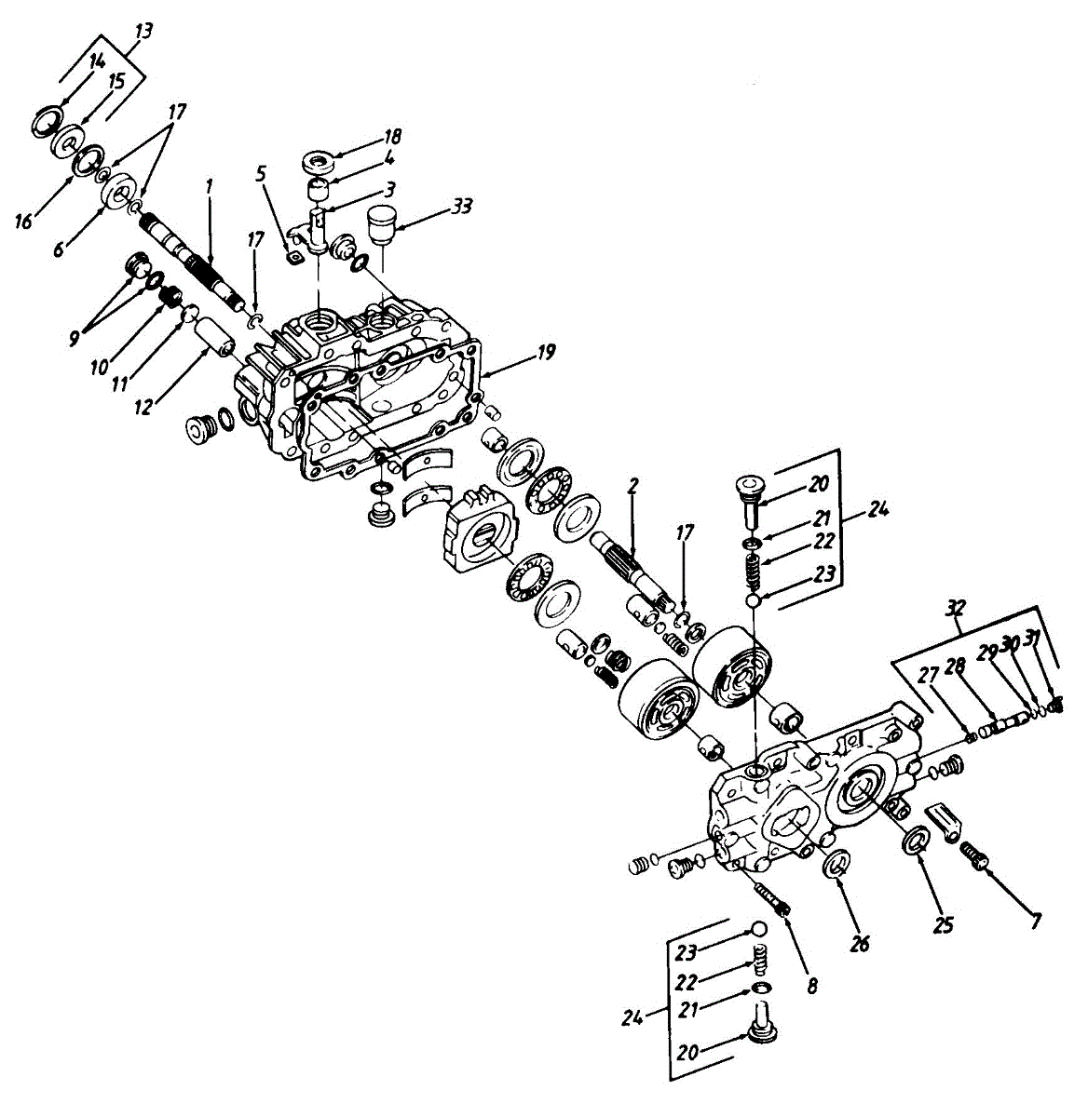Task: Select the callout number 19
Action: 546,352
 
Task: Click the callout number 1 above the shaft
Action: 210,186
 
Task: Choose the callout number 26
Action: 859,944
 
